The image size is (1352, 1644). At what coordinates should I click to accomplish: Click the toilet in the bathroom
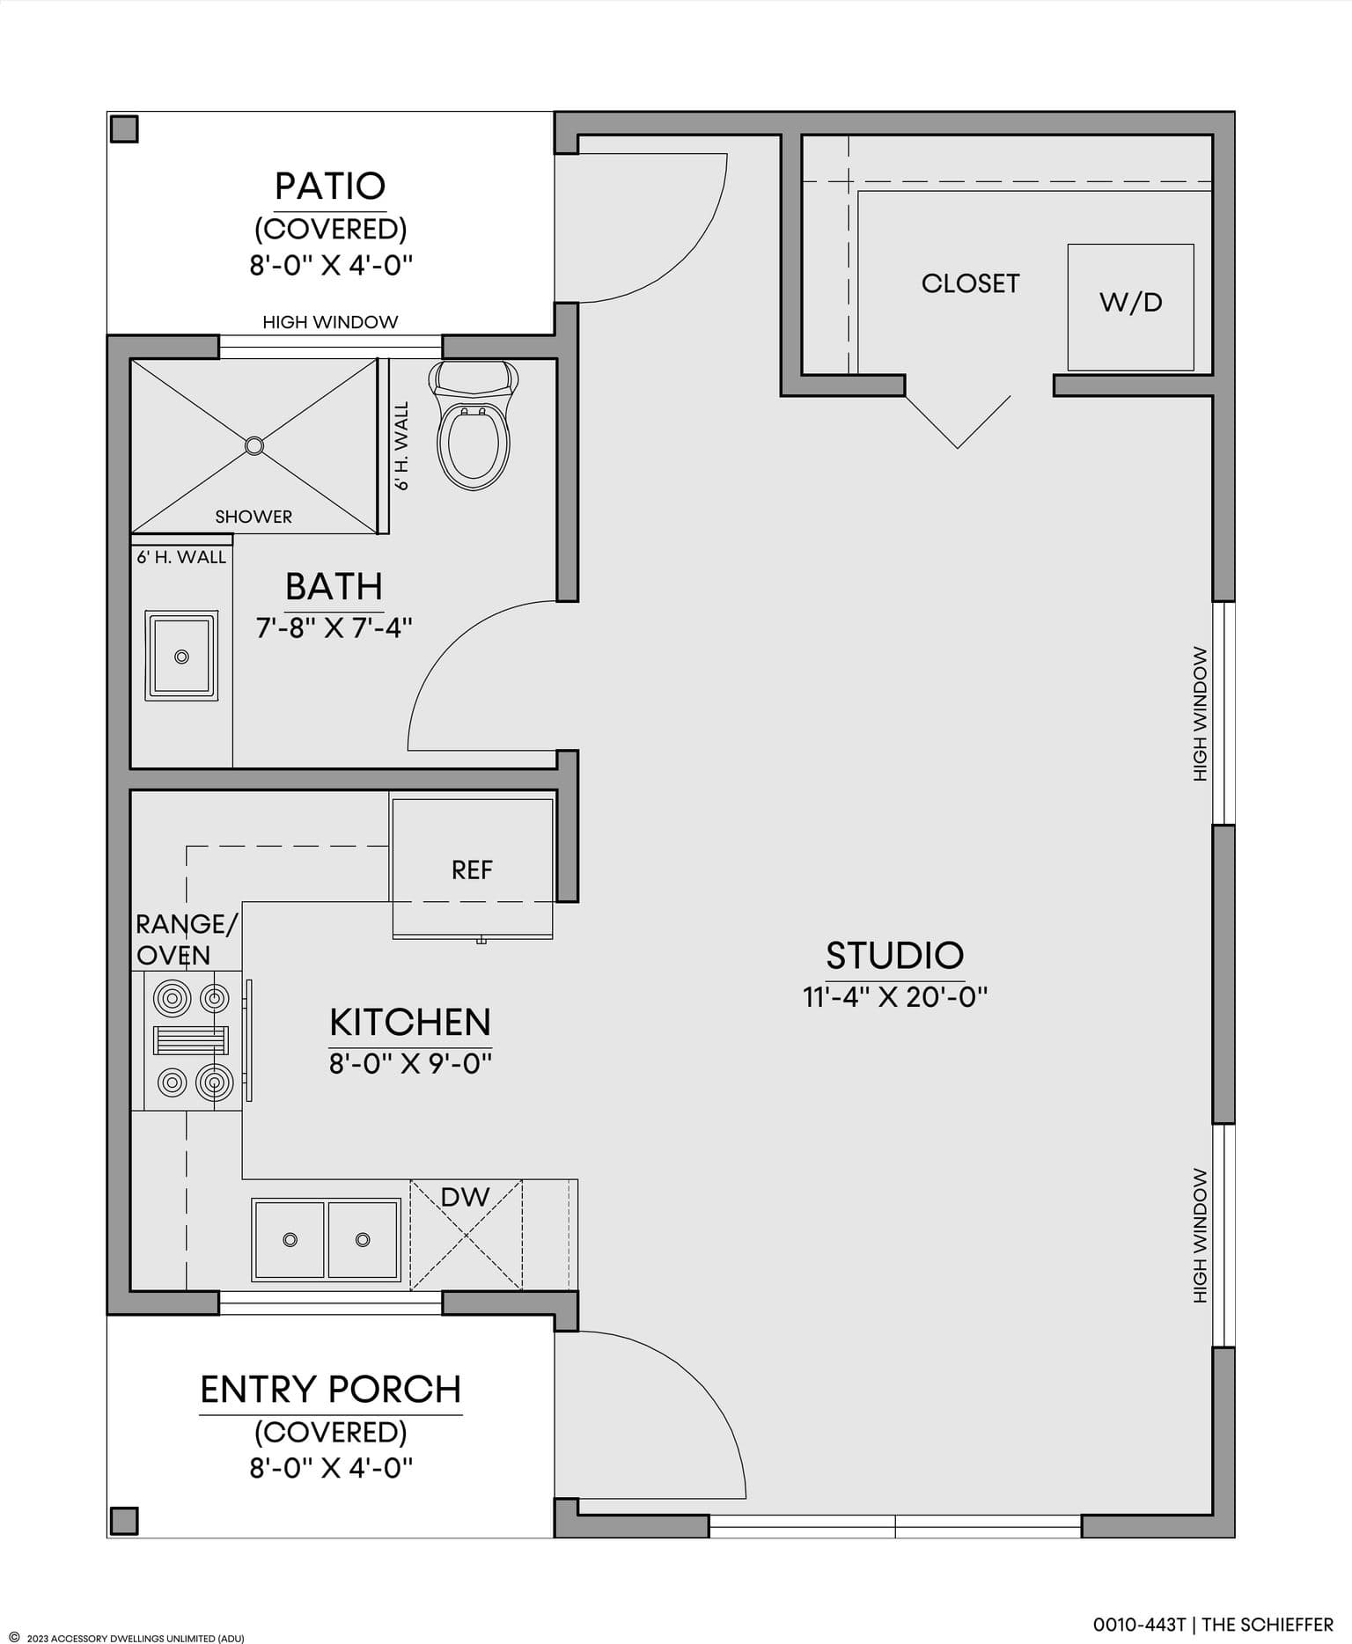coord(474,425)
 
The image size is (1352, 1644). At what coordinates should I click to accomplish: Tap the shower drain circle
coord(254,445)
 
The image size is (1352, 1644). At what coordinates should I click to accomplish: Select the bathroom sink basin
coord(181,656)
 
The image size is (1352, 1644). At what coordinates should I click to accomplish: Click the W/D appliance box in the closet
coord(1130,307)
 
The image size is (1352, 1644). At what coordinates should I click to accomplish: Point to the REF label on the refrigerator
coord(472,870)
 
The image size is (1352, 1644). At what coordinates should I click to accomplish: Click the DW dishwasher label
coord(465,1196)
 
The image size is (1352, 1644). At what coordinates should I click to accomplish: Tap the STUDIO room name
coord(895,955)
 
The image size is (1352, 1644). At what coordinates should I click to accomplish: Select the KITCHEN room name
coord(410,1022)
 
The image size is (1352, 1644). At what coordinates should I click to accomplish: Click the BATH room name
coord(334,586)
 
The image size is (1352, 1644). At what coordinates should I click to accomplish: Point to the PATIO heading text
coord(330,186)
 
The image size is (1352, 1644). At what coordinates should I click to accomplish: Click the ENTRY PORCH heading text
coord(331,1390)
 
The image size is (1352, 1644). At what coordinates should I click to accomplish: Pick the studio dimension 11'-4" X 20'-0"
coord(895,996)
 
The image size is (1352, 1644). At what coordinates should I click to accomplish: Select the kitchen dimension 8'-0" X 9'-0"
coord(410,1063)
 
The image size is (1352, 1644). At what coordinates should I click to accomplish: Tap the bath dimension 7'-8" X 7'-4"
coord(334,628)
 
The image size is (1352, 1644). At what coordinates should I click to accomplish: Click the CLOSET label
coord(970,283)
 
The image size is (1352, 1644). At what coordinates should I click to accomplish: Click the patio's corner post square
coord(124,128)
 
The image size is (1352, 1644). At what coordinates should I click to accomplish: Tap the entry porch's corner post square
coord(124,1520)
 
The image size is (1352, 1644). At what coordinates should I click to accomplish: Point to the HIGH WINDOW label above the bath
coord(330,322)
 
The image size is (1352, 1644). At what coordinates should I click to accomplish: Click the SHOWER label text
coord(253,517)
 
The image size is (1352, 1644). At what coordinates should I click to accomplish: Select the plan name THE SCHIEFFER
coord(1267,1624)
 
